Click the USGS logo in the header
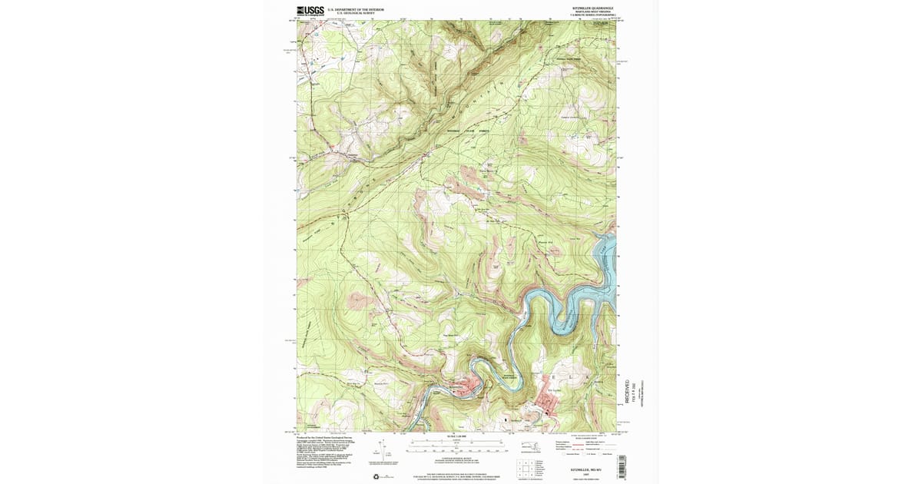[x=310, y=11]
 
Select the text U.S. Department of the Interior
[x=356, y=10]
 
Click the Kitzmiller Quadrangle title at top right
[x=593, y=8]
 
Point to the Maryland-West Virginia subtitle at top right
[x=593, y=12]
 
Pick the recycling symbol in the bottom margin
[x=376, y=477]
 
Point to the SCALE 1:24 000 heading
[x=456, y=436]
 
